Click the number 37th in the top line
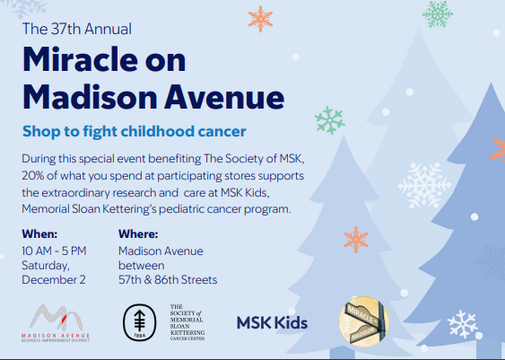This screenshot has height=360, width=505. tap(65, 29)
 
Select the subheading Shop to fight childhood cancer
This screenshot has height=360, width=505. tap(134, 132)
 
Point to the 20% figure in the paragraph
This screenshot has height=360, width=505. tap(37, 174)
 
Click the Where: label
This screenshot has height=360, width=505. tap(138, 234)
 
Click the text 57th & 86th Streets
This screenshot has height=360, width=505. tap(168, 279)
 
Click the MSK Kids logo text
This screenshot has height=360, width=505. tap(272, 322)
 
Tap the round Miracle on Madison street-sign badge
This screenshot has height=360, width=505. tap(361, 320)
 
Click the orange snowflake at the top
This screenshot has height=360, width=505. tap(261, 18)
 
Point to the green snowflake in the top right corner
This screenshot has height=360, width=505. tap(437, 12)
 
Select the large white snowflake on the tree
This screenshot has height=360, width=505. tap(424, 183)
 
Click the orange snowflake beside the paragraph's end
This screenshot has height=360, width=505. tap(356, 239)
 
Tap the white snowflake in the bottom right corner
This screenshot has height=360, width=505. tap(462, 323)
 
